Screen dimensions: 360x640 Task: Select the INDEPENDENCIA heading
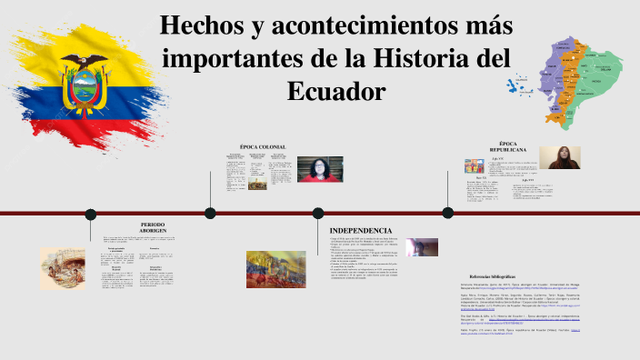(x=361, y=231)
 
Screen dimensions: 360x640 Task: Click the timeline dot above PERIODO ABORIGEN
(x=90, y=214)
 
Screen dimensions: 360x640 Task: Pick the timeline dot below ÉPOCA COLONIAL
(x=210, y=214)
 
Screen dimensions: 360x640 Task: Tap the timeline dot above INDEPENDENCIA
(x=318, y=214)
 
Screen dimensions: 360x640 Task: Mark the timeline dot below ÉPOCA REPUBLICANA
(x=447, y=213)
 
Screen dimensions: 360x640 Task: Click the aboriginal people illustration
(x=63, y=269)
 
